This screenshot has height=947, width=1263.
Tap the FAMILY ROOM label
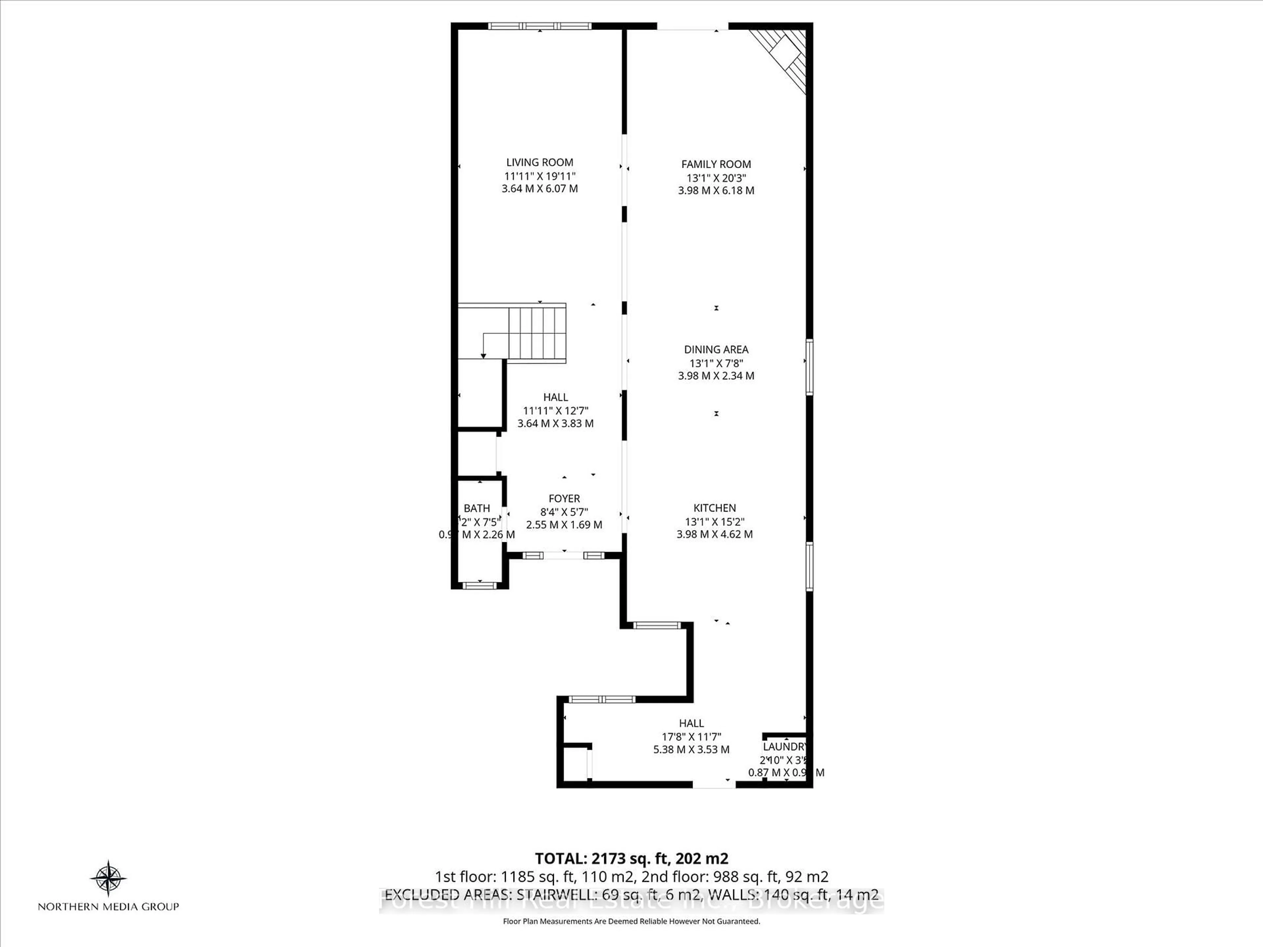pos(716,164)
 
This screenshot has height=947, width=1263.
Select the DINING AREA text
pos(716,349)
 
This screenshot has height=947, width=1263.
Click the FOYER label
pos(564,498)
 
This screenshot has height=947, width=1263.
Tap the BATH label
pos(477,508)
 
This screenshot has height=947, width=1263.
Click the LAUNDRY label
pos(784,747)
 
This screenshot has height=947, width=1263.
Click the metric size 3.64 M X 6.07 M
pos(540,188)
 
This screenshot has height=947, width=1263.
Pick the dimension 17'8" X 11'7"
pos(691,736)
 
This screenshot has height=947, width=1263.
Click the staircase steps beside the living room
pos(537,333)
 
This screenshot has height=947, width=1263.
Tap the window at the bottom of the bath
pos(480,585)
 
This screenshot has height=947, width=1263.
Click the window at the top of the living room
pos(540,26)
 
